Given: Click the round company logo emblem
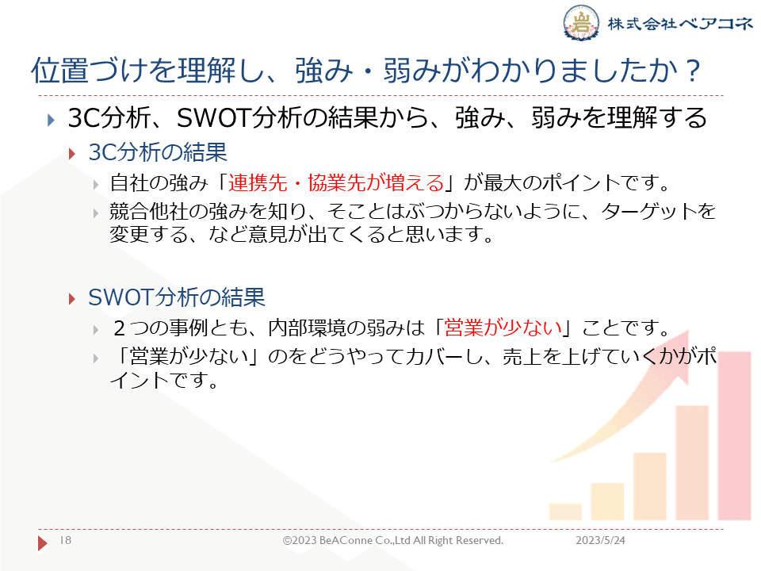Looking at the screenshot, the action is (581, 22).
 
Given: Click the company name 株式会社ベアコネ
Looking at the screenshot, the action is (680, 23).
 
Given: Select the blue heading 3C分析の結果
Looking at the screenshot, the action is (158, 152).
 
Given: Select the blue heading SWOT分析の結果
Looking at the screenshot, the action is (177, 297).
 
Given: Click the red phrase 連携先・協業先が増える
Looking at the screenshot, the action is (336, 182).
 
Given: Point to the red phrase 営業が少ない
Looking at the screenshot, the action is (503, 328).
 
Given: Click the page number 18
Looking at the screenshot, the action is (66, 540).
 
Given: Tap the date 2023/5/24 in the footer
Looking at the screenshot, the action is (600, 540).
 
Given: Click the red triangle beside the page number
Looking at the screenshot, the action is (42, 542).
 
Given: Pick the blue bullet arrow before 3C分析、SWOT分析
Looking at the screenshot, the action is (51, 120).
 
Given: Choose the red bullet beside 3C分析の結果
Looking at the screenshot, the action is (72, 154).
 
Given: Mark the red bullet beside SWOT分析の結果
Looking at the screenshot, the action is (72, 299).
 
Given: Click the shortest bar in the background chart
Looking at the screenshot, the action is (565, 512).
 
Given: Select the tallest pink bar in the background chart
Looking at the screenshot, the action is (735, 436).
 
